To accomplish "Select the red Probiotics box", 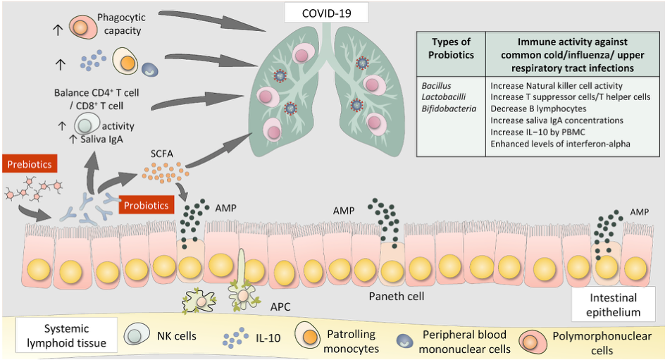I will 147,206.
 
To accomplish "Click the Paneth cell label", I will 397,296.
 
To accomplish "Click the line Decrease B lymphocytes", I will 537,108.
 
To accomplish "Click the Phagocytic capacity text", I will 119,24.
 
